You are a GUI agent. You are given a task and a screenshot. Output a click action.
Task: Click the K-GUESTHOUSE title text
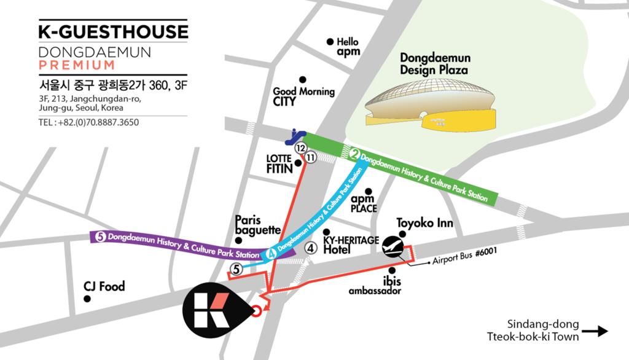click(113, 32)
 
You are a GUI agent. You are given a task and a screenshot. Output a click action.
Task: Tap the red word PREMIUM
click(76, 65)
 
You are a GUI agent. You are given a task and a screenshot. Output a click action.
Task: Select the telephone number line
click(88, 122)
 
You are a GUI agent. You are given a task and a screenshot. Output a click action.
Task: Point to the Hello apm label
click(347, 47)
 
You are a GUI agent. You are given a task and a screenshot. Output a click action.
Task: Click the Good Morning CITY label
click(303, 96)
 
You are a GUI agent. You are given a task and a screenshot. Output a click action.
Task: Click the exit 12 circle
click(300, 148)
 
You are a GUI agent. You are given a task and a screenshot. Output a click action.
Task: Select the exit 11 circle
click(311, 158)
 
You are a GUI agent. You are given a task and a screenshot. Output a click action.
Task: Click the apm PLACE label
click(363, 204)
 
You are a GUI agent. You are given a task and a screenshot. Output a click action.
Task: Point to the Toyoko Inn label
click(424, 223)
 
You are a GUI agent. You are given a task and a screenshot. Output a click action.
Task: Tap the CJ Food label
click(104, 286)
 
